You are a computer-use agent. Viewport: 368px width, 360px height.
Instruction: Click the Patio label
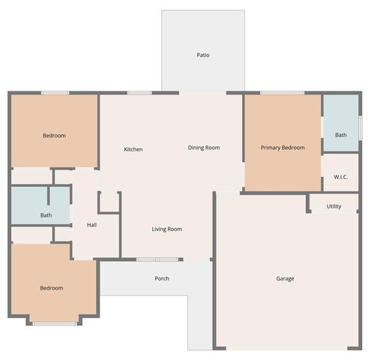(x=202, y=55)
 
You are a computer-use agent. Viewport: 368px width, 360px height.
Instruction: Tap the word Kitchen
(x=133, y=149)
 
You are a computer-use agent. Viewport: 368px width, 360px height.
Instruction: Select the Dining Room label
(x=203, y=148)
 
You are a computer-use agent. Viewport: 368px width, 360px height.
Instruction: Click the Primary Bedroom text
(x=283, y=148)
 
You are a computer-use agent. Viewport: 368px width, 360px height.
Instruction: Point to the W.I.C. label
(x=340, y=178)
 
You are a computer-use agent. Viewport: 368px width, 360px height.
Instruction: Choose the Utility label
(x=334, y=205)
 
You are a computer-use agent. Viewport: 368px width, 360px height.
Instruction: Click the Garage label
(x=285, y=278)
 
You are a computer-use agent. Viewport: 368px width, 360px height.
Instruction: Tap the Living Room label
(x=166, y=229)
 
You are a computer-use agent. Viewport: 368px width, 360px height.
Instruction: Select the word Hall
(x=91, y=224)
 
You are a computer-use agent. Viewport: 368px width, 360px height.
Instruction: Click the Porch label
(x=161, y=278)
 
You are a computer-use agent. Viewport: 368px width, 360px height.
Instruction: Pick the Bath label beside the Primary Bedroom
(x=340, y=135)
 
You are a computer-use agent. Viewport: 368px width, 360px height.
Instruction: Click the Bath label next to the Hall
(x=46, y=215)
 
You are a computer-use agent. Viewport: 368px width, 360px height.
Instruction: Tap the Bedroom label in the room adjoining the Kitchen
(x=53, y=136)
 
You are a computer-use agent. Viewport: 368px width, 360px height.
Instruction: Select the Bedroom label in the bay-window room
(x=51, y=288)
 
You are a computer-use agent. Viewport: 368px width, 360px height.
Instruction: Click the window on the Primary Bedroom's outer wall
(x=282, y=93)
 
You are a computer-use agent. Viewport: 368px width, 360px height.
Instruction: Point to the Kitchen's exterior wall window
(x=139, y=93)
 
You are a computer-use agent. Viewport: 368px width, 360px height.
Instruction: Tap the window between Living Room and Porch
(x=157, y=259)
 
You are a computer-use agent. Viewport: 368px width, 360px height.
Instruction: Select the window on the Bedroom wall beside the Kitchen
(x=55, y=93)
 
